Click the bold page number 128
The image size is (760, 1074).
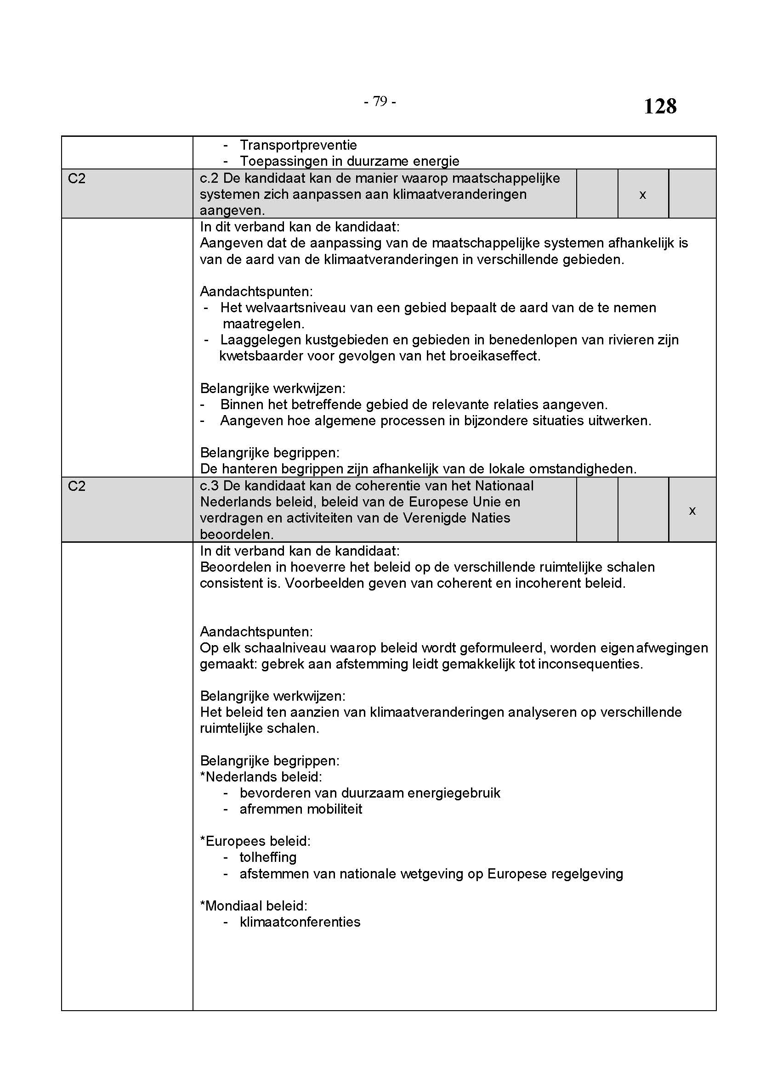click(x=660, y=106)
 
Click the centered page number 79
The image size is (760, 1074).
click(x=380, y=101)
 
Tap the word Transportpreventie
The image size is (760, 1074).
click(x=298, y=145)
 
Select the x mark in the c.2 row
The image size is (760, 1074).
click(x=642, y=195)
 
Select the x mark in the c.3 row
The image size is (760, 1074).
click(x=692, y=510)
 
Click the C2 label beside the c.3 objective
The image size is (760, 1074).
click(x=77, y=486)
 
